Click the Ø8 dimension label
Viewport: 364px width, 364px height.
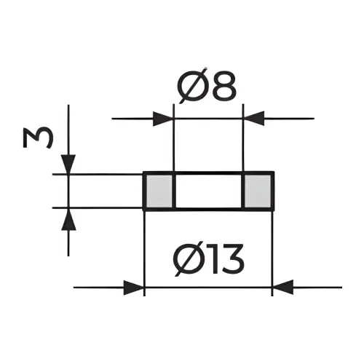[207, 86]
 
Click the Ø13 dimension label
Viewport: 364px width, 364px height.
[209, 258]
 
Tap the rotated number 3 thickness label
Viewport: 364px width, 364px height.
[38, 138]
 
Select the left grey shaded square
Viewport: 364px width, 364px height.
[159, 190]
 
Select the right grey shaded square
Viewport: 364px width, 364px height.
[258, 190]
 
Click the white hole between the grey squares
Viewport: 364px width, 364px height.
[208, 190]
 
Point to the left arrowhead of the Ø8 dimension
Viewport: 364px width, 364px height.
[163, 119]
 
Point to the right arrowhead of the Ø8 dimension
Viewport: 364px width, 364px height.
[254, 119]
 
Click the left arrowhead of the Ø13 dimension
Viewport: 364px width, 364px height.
[134, 288]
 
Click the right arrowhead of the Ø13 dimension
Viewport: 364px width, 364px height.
[283, 288]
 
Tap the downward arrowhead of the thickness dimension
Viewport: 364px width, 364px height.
[68, 164]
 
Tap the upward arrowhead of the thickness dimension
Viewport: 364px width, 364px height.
[68, 220]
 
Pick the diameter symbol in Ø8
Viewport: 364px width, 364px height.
[193, 86]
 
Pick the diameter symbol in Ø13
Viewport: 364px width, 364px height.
[189, 258]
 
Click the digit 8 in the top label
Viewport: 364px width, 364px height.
[224, 86]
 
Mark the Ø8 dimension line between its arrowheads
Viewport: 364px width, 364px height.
[208, 119]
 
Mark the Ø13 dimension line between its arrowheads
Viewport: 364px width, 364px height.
[208, 288]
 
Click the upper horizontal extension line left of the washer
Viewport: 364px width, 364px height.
[98, 174]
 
